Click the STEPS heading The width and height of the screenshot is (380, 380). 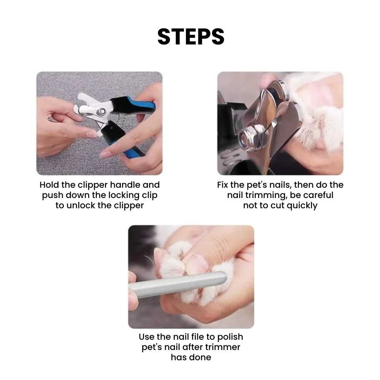pyautogui.click(x=191, y=36)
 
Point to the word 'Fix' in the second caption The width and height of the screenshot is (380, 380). pyautogui.click(x=222, y=185)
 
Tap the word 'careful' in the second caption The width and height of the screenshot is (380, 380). pyautogui.click(x=318, y=195)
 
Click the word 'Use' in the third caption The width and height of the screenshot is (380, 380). pyautogui.click(x=147, y=337)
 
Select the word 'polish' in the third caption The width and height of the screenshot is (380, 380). pyautogui.click(x=230, y=337)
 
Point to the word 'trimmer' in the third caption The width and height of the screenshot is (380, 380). pyautogui.click(x=222, y=347)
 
